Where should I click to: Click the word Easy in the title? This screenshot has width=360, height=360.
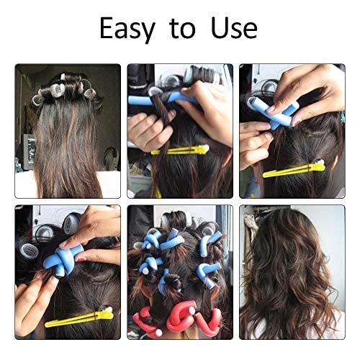127,29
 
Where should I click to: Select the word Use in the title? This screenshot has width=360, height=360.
232,29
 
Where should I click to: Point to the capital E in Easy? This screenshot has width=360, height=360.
105,28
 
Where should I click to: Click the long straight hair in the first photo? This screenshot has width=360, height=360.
68,144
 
